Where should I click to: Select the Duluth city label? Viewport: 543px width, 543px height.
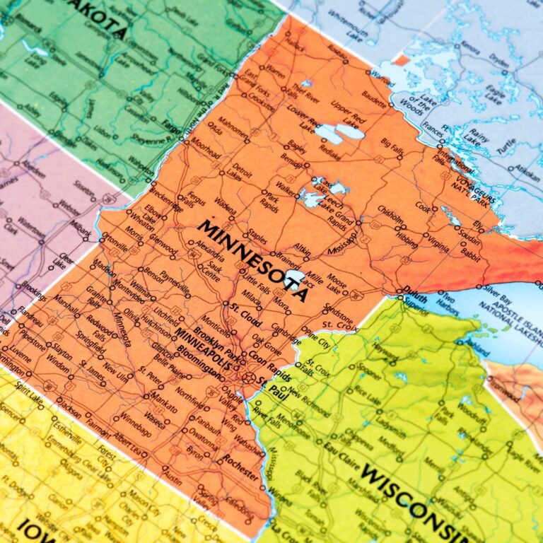(x=416, y=290)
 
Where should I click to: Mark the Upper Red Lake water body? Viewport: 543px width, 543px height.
(x=351, y=132)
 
